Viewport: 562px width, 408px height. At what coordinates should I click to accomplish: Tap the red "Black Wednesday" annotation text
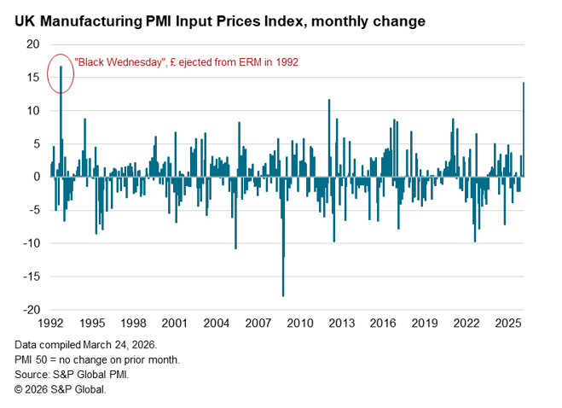(187, 62)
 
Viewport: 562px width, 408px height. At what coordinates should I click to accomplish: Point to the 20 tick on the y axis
(35, 44)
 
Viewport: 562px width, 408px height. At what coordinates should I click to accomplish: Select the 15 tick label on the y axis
(35, 78)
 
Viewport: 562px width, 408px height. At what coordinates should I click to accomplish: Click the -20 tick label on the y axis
(32, 310)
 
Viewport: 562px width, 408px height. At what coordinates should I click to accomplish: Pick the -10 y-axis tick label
(32, 243)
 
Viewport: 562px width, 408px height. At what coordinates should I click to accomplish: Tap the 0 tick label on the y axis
(38, 177)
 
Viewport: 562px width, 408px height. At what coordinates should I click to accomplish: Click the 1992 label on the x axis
(50, 324)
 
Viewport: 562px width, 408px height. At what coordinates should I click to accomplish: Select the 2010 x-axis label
(298, 324)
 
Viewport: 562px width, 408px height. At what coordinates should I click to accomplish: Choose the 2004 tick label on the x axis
(215, 324)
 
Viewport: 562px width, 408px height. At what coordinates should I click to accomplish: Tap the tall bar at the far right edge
(524, 128)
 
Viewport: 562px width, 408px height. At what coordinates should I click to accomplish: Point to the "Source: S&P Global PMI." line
(72, 374)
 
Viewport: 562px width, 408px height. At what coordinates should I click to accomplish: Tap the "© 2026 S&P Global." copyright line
(61, 388)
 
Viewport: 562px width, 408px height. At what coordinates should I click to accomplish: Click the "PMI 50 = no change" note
(96, 359)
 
